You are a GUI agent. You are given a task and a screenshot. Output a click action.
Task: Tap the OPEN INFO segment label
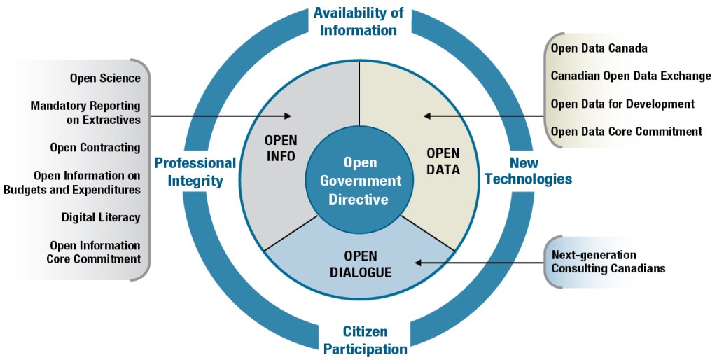[x=280, y=147]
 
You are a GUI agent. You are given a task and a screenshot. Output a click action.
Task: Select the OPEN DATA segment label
[x=443, y=161]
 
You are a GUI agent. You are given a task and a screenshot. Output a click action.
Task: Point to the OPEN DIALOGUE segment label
[x=360, y=263]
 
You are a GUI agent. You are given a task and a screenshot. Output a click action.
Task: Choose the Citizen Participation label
[x=365, y=339]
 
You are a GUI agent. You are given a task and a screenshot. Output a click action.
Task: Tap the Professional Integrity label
[x=195, y=172]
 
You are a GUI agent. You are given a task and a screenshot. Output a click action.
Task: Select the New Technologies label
[x=529, y=170]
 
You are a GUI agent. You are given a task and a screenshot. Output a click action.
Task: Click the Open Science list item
[x=105, y=78]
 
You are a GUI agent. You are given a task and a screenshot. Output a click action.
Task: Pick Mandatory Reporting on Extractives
[x=85, y=113]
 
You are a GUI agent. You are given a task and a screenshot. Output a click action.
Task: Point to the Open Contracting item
[x=95, y=147]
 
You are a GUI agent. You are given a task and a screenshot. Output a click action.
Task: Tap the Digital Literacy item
[x=100, y=217]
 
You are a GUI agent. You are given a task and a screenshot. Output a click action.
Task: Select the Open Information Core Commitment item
[x=95, y=252]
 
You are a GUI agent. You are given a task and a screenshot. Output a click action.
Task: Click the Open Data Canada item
[x=599, y=48]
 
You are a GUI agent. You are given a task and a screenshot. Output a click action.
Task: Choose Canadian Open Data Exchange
[x=630, y=76]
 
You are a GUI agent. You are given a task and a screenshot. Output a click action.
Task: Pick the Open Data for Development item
[x=622, y=104]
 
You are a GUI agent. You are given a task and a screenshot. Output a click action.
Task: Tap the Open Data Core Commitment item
[x=626, y=131]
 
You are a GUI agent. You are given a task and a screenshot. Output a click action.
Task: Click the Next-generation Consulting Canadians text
[x=608, y=261]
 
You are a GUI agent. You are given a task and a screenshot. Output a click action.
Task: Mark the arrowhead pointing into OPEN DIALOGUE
[x=419, y=263]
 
